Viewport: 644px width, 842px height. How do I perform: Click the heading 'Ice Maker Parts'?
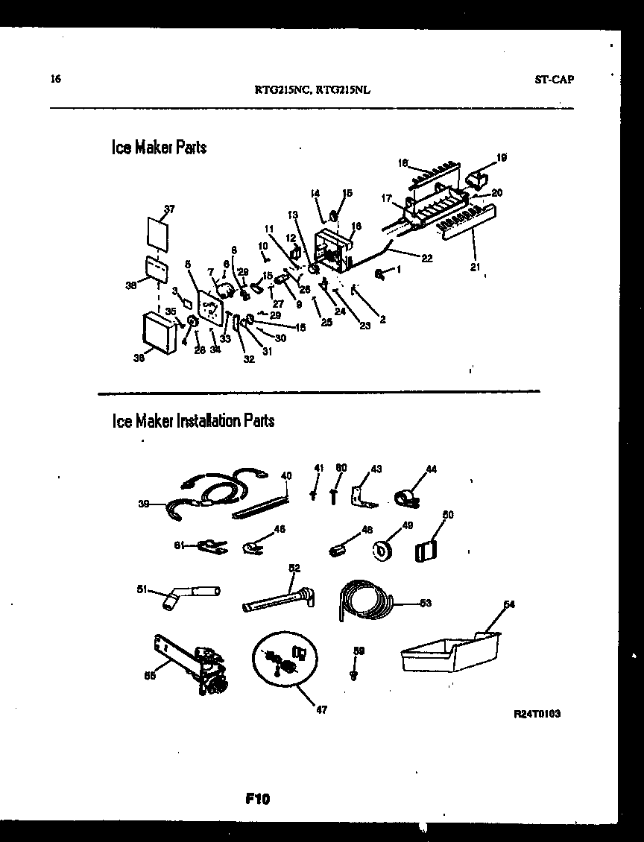(159, 148)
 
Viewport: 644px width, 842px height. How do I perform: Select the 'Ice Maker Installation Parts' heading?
(193, 421)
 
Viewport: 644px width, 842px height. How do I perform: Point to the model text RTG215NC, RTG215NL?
(313, 89)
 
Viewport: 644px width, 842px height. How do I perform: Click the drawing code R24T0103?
(537, 713)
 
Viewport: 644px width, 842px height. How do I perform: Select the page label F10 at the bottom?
(257, 800)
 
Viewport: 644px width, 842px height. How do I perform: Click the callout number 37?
(168, 209)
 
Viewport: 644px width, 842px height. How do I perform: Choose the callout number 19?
(501, 157)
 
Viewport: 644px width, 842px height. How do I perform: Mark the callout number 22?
(426, 259)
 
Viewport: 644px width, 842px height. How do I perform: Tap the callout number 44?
(431, 469)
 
